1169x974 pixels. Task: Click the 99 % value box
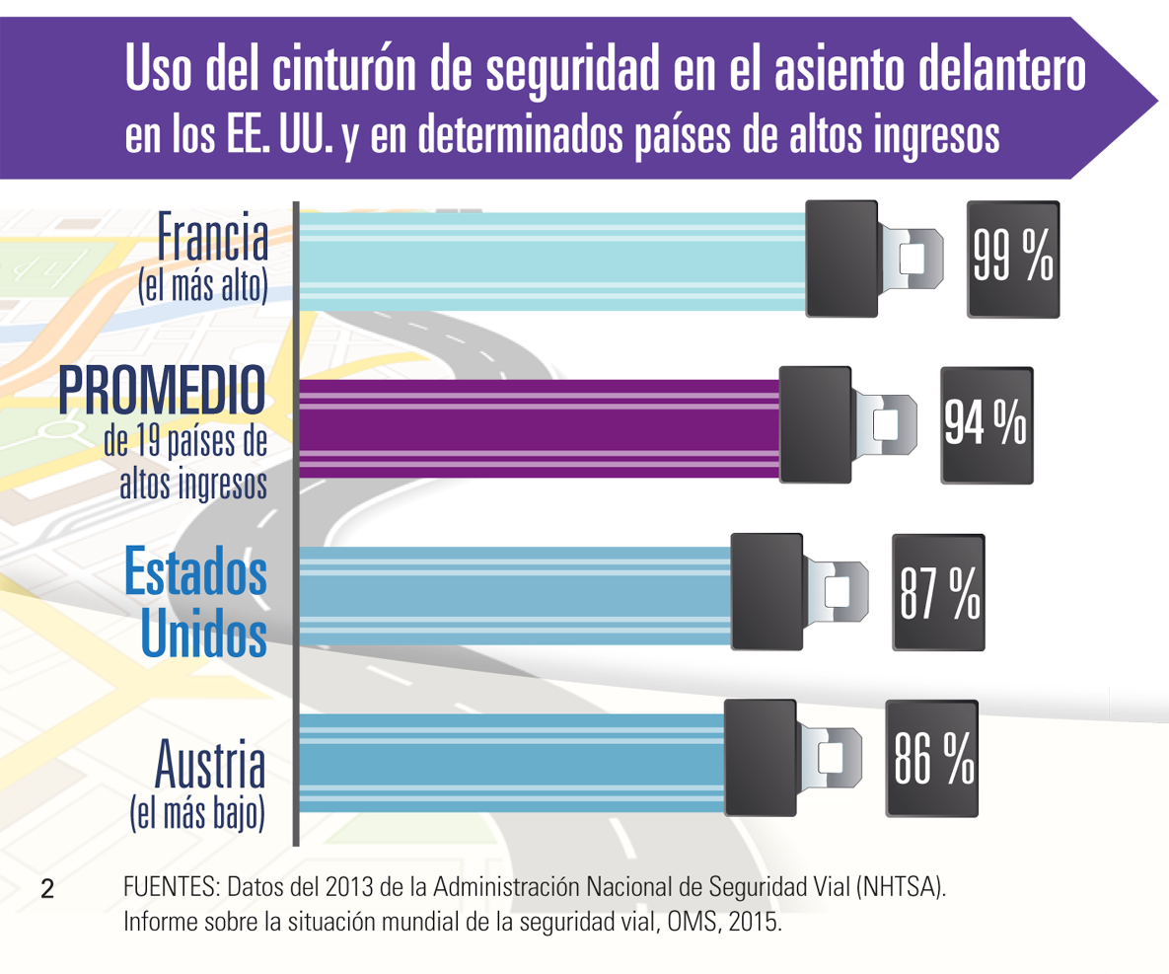pos(1013,259)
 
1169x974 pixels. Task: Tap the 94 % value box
pos(986,424)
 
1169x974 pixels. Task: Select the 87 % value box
pos(938,592)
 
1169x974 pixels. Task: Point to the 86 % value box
pos(931,758)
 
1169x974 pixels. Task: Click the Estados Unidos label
pos(196,604)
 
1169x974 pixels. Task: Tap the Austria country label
pos(210,768)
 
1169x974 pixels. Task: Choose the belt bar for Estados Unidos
pos(513,595)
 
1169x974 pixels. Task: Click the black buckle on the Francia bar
pos(841,259)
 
